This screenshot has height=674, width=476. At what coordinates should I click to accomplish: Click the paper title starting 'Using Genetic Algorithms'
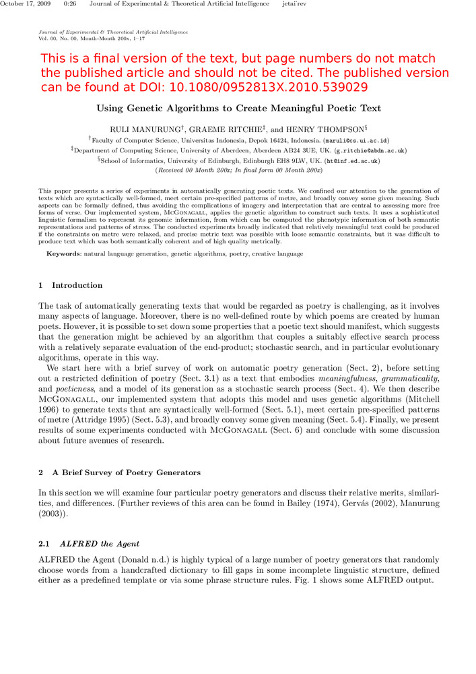(x=238, y=109)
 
